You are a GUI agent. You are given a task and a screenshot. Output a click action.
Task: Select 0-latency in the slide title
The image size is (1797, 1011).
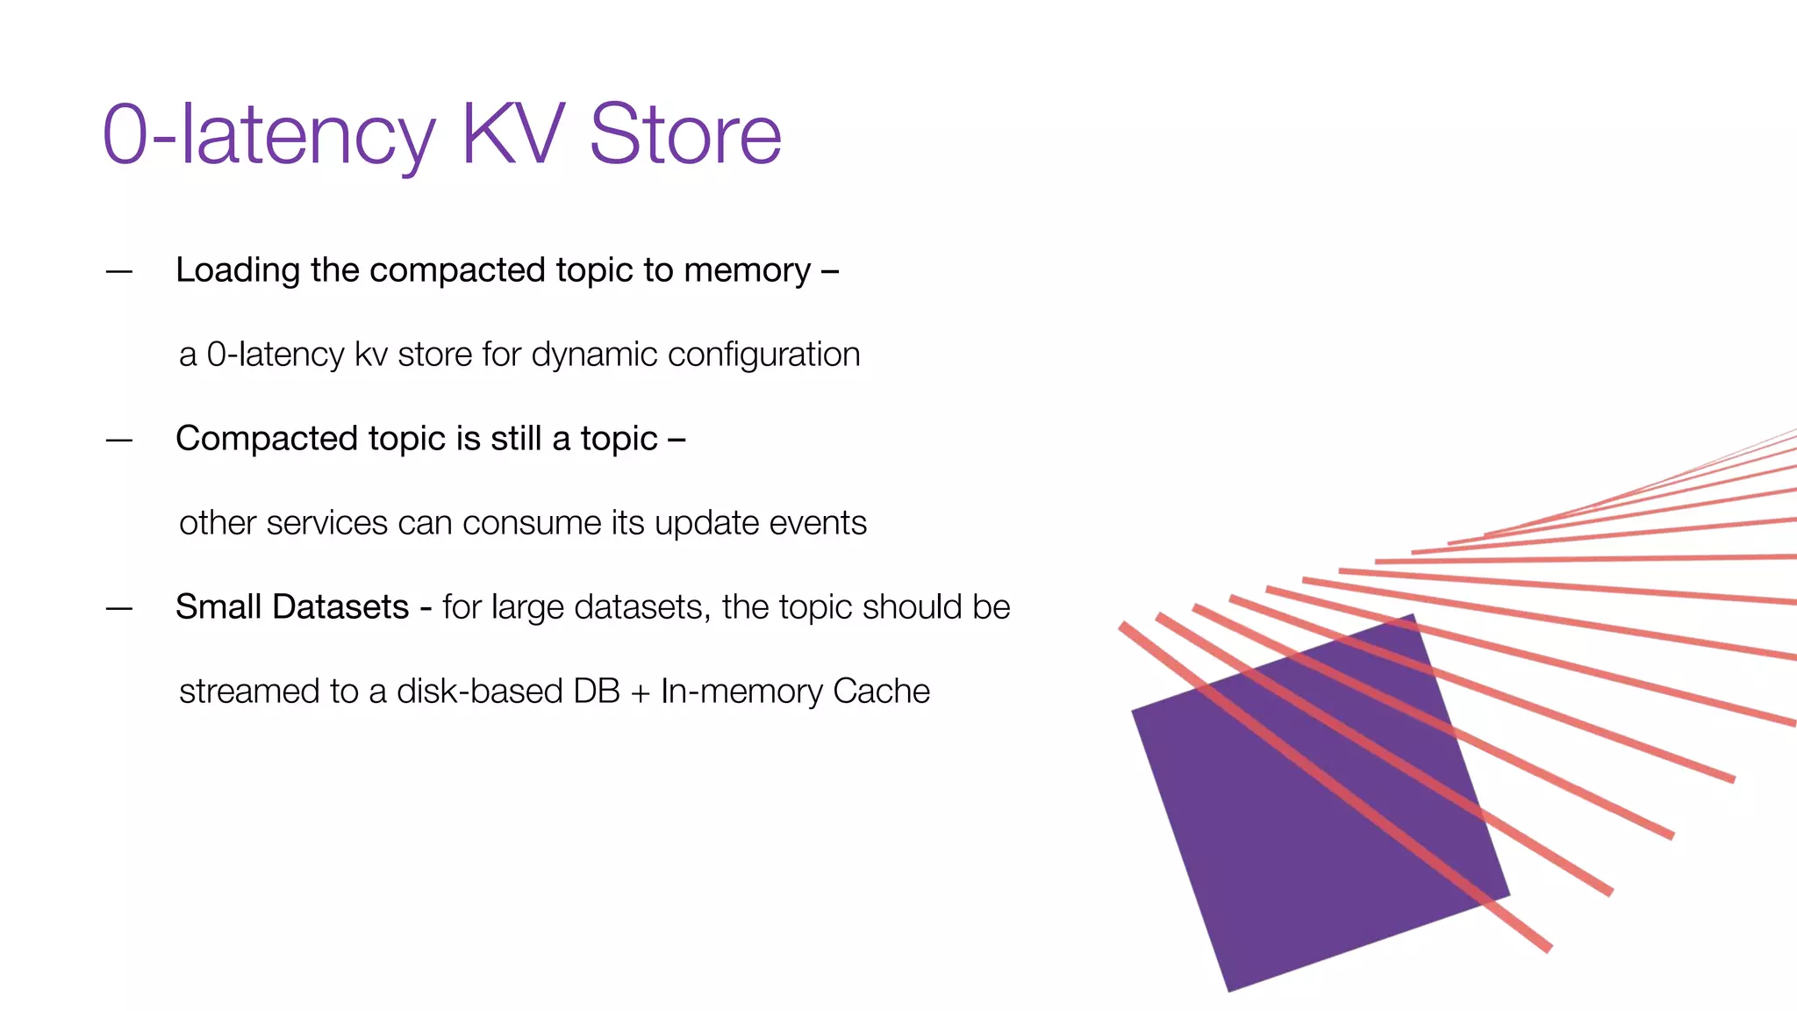point(268,136)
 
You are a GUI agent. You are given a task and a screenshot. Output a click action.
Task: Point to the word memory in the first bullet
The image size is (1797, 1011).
point(747,270)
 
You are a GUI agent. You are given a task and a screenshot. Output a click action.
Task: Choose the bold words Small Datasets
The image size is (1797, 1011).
point(292,607)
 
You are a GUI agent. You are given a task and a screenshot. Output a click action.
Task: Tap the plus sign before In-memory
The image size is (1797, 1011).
point(640,692)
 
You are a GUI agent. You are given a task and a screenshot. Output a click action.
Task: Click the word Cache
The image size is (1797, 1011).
point(881,692)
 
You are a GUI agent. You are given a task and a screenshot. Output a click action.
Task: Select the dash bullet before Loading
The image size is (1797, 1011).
point(119,271)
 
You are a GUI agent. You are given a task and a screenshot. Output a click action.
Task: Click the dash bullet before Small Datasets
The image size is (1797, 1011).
point(119,608)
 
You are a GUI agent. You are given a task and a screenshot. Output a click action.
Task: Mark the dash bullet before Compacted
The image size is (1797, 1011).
point(119,440)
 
